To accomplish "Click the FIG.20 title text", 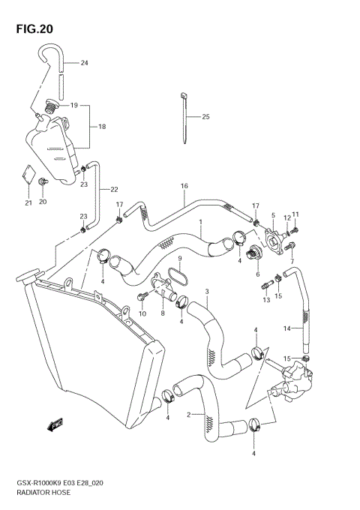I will [x=34, y=29].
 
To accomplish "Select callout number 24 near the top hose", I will [x=84, y=63].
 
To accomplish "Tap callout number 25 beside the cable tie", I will [x=205, y=117].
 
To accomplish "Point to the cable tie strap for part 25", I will [x=184, y=120].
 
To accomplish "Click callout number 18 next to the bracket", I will [x=102, y=127].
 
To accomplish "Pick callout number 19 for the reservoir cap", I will [x=74, y=106].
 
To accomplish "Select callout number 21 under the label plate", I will [x=28, y=202].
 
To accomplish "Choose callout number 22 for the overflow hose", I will [x=114, y=189].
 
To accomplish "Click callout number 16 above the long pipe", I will [x=183, y=185].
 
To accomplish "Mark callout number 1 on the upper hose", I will [x=201, y=221].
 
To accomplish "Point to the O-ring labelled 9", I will [x=177, y=275].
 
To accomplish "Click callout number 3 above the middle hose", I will [x=207, y=291].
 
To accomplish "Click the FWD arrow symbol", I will [x=53, y=425].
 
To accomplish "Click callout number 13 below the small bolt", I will [x=265, y=300].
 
